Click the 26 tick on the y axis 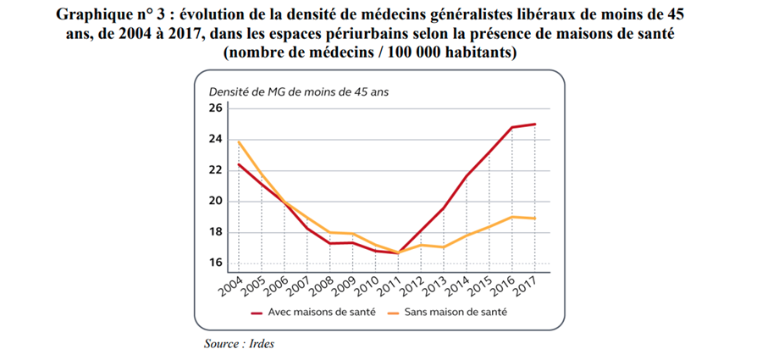pos(214,108)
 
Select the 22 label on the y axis pos(214,170)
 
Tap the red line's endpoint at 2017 pos(535,125)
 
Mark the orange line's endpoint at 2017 pos(535,219)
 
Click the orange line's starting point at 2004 pos(238,142)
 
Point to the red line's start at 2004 pos(238,164)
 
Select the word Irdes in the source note pos(261,344)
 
